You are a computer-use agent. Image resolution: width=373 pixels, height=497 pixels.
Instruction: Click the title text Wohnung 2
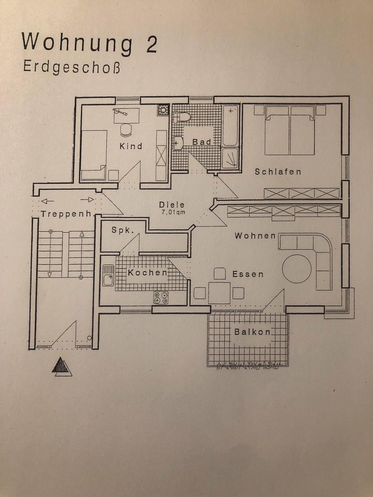90,43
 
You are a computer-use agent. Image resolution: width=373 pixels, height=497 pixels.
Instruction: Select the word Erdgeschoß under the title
71,67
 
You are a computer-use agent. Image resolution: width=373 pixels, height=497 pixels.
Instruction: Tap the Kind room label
131,147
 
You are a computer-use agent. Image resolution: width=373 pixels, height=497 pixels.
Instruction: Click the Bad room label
202,142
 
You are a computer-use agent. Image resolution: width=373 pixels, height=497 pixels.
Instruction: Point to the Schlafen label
278,171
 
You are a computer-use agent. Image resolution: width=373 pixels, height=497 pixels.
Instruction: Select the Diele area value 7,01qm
172,211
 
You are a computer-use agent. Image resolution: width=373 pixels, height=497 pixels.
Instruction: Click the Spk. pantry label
122,231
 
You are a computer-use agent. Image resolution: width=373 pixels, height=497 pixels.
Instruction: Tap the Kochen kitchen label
148,272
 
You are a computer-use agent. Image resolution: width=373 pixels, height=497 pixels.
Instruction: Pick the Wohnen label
255,236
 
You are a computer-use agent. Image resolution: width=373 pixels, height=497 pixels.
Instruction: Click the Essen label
248,274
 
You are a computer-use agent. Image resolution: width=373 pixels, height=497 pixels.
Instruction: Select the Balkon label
252,332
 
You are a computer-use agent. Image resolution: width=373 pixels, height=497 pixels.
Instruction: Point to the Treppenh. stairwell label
66,214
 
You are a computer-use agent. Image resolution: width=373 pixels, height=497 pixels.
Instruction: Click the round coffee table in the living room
297,268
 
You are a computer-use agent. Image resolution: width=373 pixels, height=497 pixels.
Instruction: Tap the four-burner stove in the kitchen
161,297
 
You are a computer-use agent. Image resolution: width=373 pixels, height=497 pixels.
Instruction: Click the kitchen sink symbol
108,276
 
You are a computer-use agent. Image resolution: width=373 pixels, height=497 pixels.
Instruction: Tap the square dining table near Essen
219,293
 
